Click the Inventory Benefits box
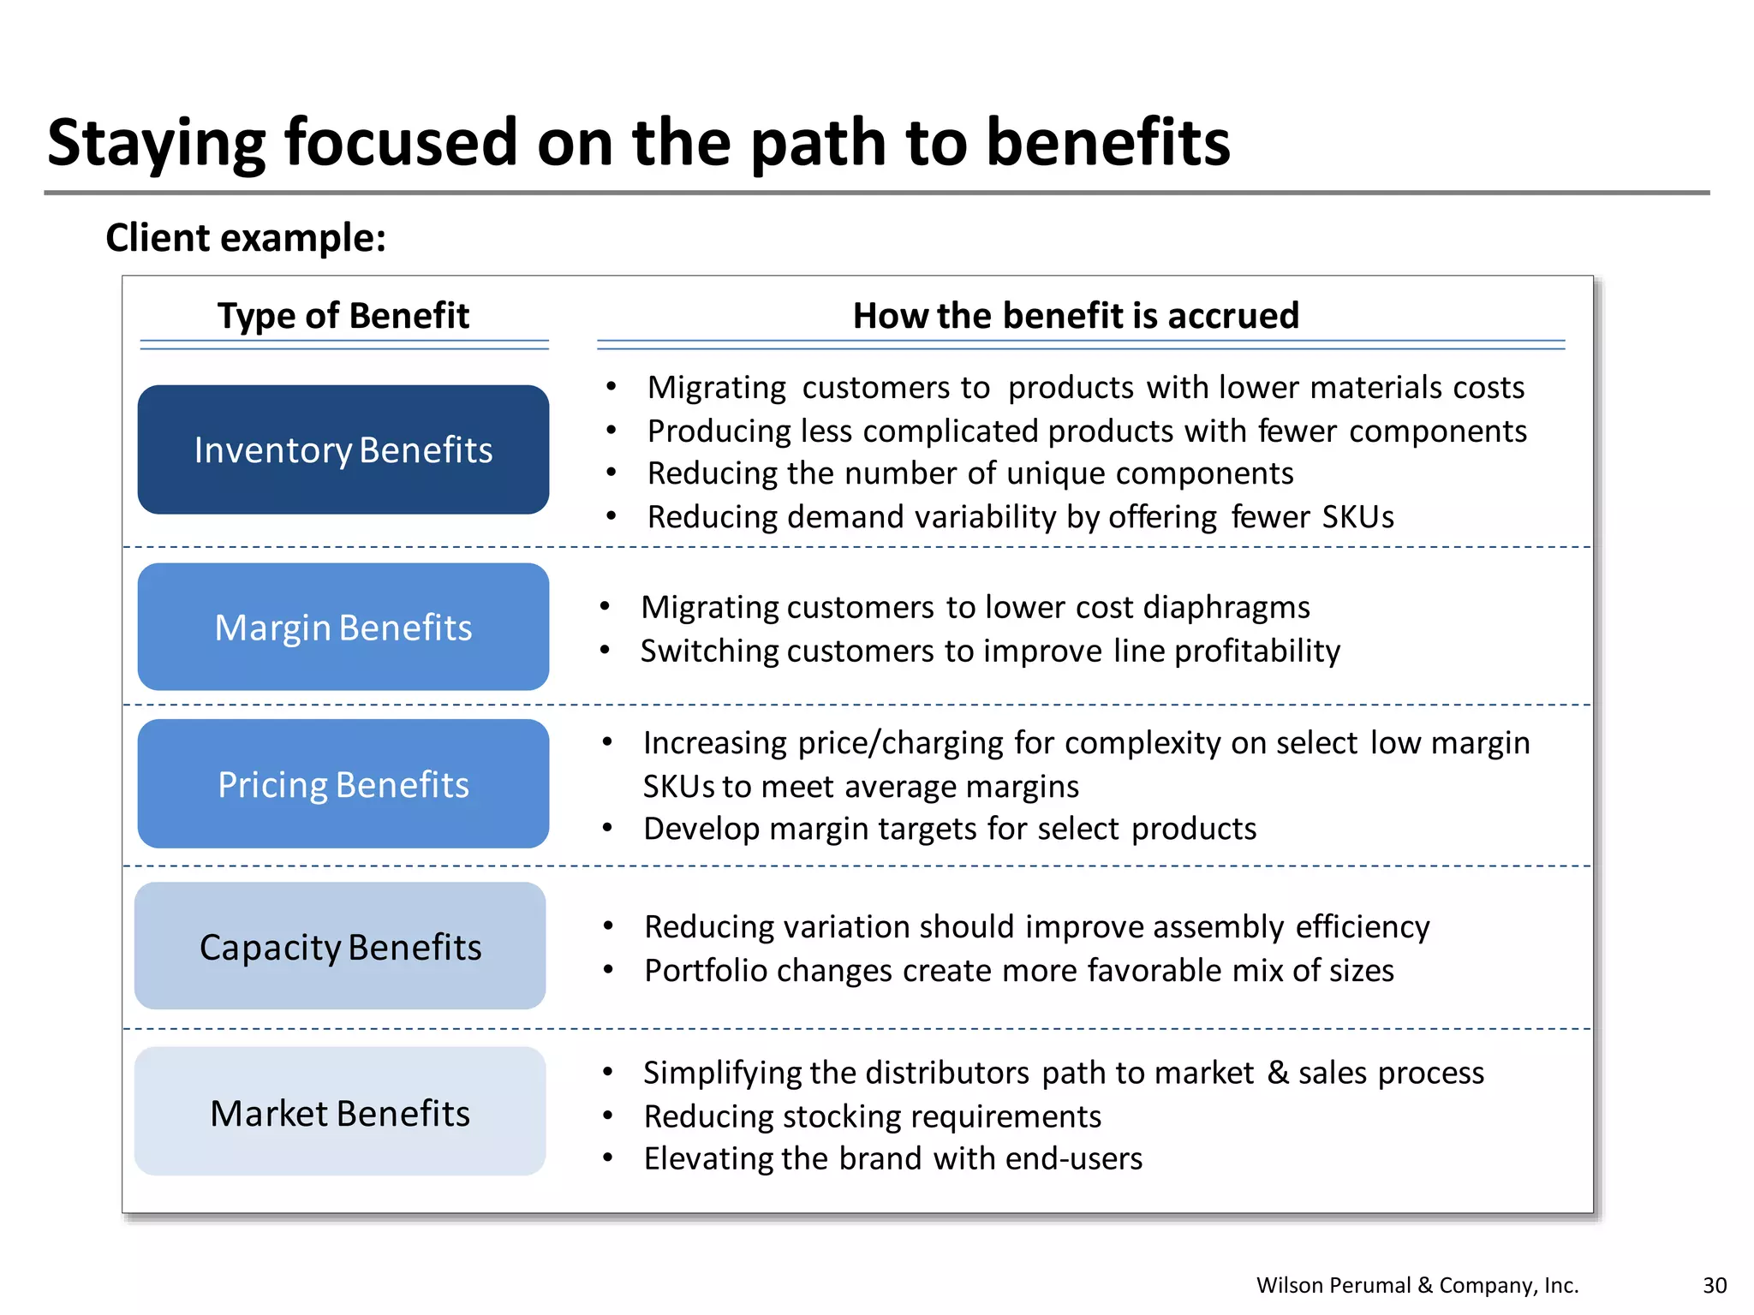click(343, 449)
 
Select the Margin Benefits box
click(343, 627)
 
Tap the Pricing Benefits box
click(343, 784)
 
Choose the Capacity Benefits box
click(340, 946)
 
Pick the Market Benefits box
click(340, 1112)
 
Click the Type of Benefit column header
click(343, 315)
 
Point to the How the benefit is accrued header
click(1076, 315)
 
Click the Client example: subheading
click(246, 237)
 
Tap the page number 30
click(1715, 1285)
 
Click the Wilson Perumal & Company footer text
click(1417, 1285)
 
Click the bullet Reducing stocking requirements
click(872, 1116)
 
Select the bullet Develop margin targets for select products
click(949, 829)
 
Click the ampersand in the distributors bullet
click(1278, 1072)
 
